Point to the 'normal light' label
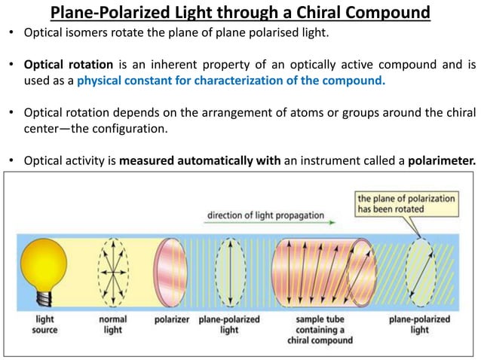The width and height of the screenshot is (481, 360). tap(113, 325)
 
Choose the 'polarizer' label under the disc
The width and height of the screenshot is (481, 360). tap(170, 319)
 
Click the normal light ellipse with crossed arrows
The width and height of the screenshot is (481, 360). tap(112, 269)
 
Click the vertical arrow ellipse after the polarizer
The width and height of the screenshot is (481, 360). tap(229, 269)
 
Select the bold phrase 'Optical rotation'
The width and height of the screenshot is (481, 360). tap(65, 62)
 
